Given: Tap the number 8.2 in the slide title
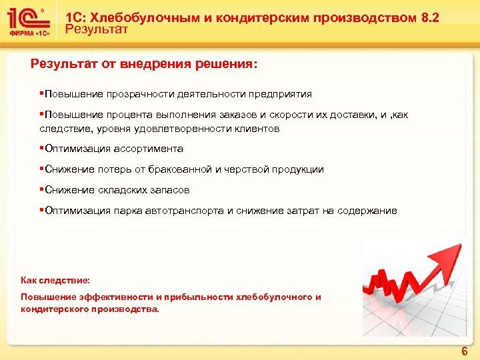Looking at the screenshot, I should coord(431,17).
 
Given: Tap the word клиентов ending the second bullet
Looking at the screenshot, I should coord(257,128).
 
